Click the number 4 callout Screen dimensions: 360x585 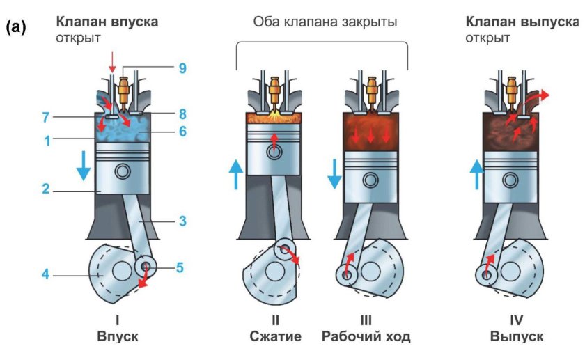click(x=45, y=274)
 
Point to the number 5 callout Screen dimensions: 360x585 click(x=180, y=267)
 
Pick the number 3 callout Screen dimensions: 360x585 click(x=183, y=221)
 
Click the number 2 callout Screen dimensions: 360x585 click(x=45, y=189)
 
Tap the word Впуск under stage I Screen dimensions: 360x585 click(x=117, y=337)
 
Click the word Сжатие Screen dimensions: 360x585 click(x=275, y=337)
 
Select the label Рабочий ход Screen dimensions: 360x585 click(x=366, y=337)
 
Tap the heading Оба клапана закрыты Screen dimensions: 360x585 click(x=325, y=22)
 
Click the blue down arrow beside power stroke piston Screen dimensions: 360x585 click(x=335, y=173)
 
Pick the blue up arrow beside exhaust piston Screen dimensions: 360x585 click(x=477, y=174)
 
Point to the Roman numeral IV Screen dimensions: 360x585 click(x=516, y=321)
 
